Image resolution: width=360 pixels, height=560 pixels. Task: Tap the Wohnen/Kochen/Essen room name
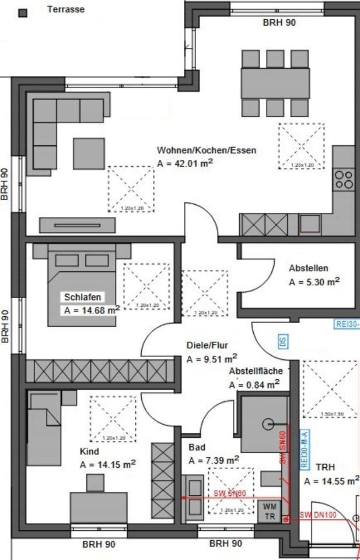click(x=207, y=150)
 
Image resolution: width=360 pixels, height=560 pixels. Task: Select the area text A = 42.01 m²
click(x=185, y=164)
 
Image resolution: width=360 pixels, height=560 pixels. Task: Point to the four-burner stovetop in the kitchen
click(x=343, y=178)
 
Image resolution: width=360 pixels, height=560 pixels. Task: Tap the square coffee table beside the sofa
click(x=89, y=152)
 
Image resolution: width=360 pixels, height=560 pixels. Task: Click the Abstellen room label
click(x=309, y=268)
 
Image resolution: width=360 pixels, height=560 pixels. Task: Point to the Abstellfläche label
click(x=256, y=371)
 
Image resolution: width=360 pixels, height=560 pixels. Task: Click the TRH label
click(x=324, y=468)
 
